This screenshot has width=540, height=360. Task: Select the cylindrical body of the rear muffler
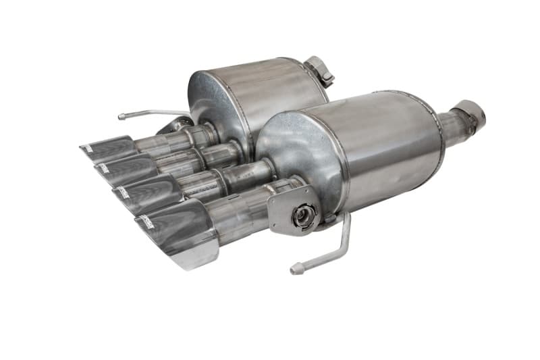pyautogui.click(x=263, y=88)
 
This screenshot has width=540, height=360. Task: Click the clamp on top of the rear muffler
pyautogui.click(x=319, y=70)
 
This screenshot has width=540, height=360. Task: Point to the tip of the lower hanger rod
pyautogui.click(x=294, y=271)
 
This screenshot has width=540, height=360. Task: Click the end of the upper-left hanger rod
pyautogui.click(x=122, y=117)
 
